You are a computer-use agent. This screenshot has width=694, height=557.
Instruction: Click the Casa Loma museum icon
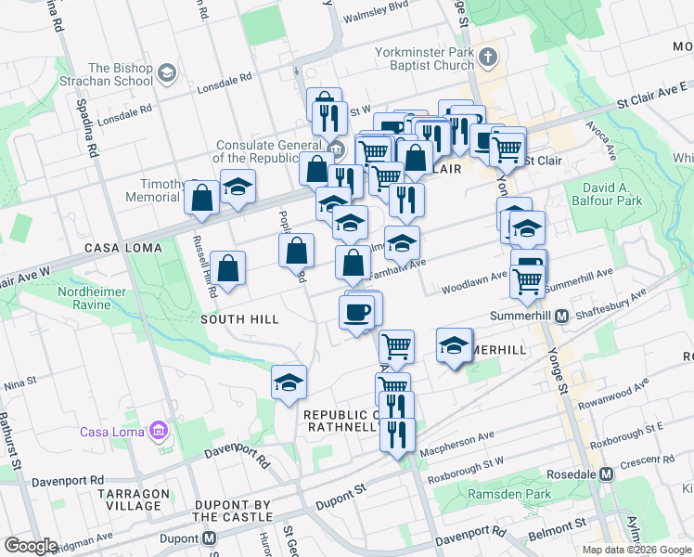158,431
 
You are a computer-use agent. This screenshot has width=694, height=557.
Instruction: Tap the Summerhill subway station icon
562,317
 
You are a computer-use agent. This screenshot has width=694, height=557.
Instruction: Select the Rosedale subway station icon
607,473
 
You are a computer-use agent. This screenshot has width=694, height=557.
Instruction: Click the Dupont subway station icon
210,538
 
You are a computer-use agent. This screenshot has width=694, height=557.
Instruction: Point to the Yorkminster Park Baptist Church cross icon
489,59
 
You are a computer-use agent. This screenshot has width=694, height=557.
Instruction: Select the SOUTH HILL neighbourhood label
240,319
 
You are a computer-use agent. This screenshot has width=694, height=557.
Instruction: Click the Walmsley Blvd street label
376,17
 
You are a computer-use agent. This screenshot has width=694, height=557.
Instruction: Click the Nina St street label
20,382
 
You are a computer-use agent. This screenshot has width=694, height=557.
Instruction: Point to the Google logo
31,546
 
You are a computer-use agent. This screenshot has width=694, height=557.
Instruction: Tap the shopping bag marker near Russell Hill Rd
228,269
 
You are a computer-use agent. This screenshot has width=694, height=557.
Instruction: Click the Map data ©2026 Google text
636,550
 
